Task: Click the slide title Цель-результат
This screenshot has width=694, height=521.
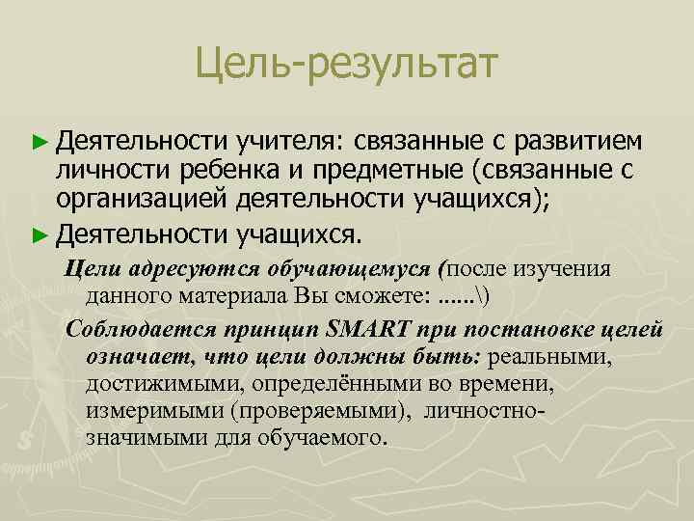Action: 346,65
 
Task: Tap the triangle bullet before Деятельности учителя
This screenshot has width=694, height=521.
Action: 40,142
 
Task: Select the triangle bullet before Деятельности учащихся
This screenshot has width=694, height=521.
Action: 40,233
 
